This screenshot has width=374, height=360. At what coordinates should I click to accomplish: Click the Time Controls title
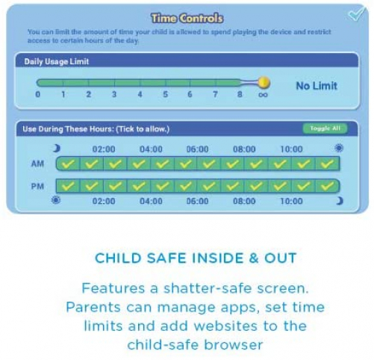(x=187, y=18)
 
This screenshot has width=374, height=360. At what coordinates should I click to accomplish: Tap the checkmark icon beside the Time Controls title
(x=356, y=15)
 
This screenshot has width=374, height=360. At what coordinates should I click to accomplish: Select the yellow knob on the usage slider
(x=263, y=82)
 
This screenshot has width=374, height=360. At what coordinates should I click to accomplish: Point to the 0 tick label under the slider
(x=37, y=95)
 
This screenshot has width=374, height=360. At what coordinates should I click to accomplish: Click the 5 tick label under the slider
(x=164, y=95)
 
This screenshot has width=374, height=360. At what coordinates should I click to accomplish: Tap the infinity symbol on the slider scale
(x=263, y=95)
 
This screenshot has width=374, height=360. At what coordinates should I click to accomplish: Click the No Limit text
(x=317, y=86)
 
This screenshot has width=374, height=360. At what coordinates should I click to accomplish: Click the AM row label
(x=38, y=163)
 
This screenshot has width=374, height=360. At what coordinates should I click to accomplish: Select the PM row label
(x=38, y=185)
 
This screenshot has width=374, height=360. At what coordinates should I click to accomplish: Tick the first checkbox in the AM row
(x=68, y=163)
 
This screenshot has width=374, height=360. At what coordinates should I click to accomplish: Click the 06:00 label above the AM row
(x=197, y=149)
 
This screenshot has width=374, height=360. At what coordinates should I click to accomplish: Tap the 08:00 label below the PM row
(x=244, y=201)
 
